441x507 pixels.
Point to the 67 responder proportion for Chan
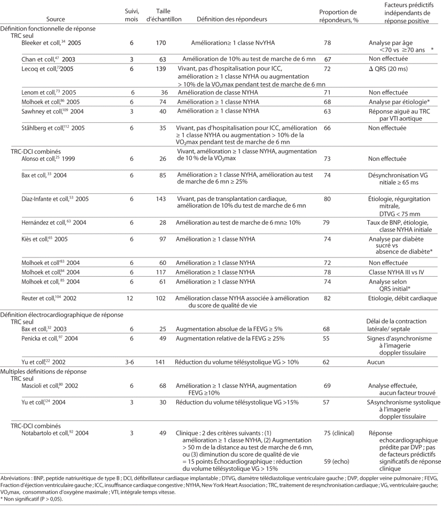330,59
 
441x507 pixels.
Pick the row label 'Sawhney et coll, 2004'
49,111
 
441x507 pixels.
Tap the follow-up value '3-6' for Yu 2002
128,362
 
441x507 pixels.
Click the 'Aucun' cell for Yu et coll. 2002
380,362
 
